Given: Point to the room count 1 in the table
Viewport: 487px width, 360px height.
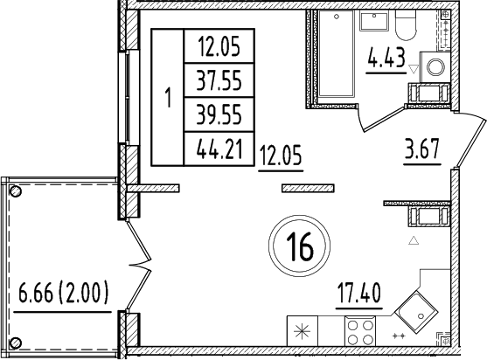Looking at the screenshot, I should coord(168,98).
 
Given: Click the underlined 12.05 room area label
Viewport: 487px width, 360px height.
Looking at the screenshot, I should coord(281,158).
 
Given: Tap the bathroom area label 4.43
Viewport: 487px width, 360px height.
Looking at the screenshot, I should coord(387,61).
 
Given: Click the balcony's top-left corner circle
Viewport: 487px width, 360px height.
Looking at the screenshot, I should coord(14,190).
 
